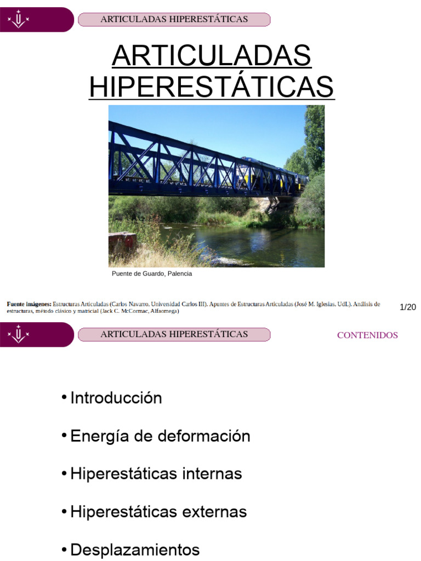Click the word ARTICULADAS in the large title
[x=212, y=56]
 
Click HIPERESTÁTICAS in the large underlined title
[x=212, y=87]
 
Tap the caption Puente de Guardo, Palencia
[x=152, y=273]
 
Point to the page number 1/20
[x=408, y=307]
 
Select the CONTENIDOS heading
[x=367, y=335]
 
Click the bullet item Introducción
[x=116, y=398]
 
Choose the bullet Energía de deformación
[x=160, y=436]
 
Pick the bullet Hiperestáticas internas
[x=156, y=473]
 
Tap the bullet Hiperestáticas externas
[x=158, y=512]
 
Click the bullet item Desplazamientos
[x=135, y=549]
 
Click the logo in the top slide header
[x=19, y=20]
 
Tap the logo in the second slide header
[x=19, y=334]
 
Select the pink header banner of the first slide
[x=174, y=20]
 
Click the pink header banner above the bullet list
[x=174, y=334]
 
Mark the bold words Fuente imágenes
[x=29, y=304]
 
